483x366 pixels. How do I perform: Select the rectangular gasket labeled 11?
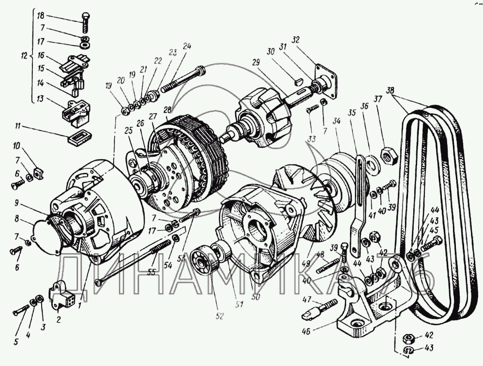pyautogui.click(x=77, y=137)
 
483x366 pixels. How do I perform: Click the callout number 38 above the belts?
pyautogui.click(x=391, y=90)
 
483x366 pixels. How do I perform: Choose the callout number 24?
pyautogui.click(x=187, y=46)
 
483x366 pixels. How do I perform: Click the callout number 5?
pyautogui.click(x=15, y=342)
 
